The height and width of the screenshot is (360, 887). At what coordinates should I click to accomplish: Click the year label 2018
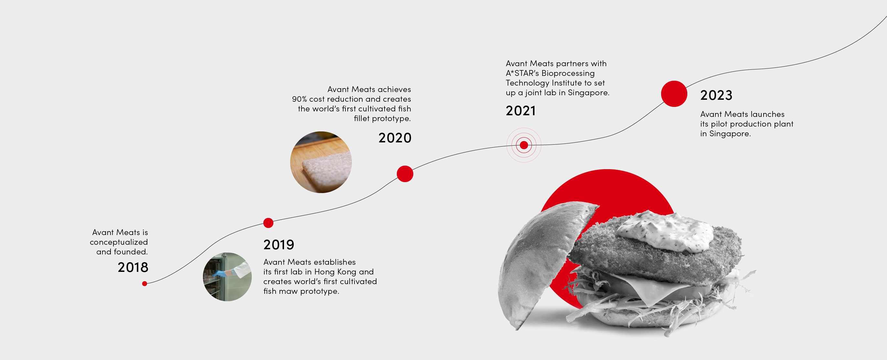point(133,267)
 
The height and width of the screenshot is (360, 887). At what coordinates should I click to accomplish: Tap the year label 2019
point(279,245)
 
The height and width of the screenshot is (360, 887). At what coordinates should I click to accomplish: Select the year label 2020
point(395,138)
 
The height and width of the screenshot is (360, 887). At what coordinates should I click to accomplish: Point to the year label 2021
point(521,110)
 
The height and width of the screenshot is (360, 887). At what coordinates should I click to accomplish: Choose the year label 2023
point(716,95)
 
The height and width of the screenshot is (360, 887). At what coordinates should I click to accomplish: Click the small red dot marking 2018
point(145,283)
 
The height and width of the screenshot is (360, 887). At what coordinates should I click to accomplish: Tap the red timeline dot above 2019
point(268,223)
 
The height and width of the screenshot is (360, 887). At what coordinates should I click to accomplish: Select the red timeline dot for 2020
point(405,174)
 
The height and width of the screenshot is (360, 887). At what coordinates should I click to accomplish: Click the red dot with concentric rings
point(524,145)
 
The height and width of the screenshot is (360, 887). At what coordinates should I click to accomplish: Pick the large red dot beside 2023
point(674,94)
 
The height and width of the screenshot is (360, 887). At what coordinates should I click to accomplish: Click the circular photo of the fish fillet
point(321,162)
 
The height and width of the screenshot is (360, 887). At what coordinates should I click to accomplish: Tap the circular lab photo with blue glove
point(227,277)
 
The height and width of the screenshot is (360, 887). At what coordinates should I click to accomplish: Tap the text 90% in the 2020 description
point(299,99)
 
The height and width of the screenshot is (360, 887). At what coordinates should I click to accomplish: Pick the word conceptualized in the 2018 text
point(119,242)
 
